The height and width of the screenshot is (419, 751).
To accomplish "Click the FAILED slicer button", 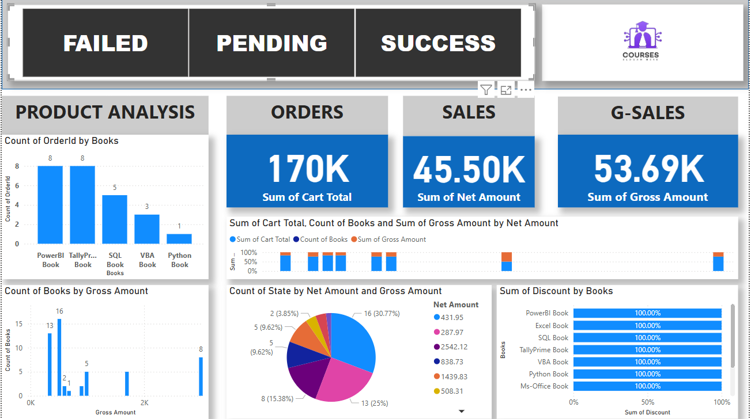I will [x=105, y=43].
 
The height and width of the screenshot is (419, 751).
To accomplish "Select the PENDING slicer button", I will [x=271, y=43].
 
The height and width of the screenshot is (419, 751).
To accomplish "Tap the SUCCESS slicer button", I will [x=438, y=43].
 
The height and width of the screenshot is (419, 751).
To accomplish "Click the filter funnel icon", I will [x=486, y=90].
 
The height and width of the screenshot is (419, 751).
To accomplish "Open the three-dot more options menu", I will [x=525, y=90].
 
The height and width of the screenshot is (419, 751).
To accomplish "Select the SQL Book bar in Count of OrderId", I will [x=115, y=219].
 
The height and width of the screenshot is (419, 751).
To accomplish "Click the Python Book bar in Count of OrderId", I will [x=179, y=238].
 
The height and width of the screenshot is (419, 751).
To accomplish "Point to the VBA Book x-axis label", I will [x=147, y=260].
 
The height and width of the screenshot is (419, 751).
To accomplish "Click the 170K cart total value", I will [x=308, y=169].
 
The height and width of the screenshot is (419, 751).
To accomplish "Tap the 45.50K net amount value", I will [x=469, y=169].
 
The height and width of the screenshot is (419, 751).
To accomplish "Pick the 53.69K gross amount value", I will [x=648, y=169].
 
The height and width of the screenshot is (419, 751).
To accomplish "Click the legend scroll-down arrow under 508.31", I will [x=462, y=411].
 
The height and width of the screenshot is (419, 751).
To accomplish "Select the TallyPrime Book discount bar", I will [x=647, y=350].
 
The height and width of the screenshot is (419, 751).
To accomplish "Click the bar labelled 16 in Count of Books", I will [x=59, y=357].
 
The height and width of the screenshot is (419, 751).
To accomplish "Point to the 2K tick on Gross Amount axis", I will [x=145, y=403].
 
